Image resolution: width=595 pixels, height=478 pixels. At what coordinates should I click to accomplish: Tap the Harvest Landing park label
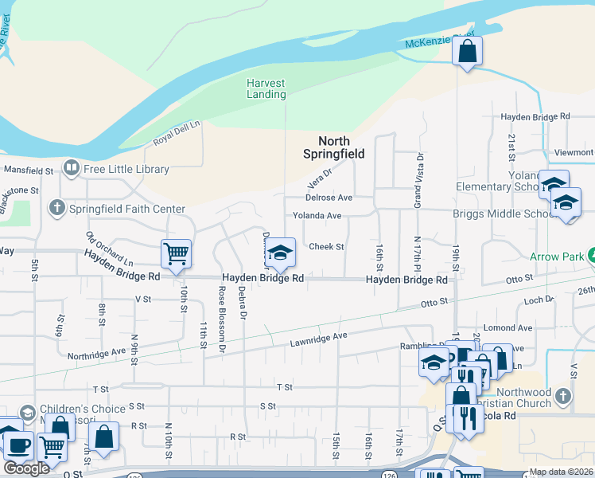click(x=266, y=88)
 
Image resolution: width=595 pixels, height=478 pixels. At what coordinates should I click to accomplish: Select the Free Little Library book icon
click(x=72, y=168)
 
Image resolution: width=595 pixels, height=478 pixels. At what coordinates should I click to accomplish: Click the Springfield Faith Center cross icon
click(x=56, y=209)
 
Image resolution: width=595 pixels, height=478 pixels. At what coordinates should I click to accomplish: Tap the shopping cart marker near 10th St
click(x=176, y=254)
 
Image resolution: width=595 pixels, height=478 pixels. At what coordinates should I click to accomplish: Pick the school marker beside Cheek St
click(x=279, y=253)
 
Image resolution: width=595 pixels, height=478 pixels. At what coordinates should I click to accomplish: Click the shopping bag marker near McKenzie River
click(x=468, y=53)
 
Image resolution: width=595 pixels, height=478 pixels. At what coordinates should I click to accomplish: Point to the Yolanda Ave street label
click(x=317, y=216)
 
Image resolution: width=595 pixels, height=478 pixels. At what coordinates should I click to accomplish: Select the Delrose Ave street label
click(x=329, y=198)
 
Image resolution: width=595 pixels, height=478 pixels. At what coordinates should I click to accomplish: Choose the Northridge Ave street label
click(x=97, y=353)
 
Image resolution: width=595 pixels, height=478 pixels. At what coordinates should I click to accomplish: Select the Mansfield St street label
click(x=29, y=170)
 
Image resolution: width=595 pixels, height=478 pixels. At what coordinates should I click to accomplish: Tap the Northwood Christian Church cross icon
click(x=563, y=396)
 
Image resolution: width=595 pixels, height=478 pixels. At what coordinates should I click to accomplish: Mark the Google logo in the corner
click(x=26, y=468)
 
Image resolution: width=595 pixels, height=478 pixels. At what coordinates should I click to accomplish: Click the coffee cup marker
click(x=17, y=443)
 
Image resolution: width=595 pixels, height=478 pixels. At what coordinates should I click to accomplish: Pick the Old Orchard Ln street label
click(x=110, y=249)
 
